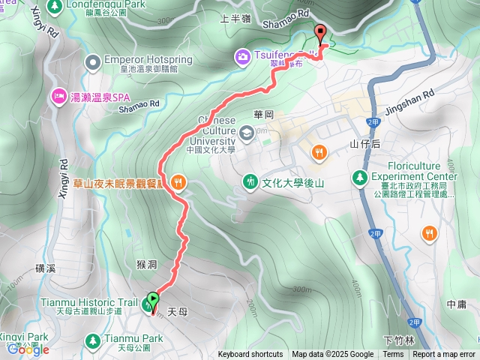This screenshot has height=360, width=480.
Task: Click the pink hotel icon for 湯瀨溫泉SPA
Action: (58, 96)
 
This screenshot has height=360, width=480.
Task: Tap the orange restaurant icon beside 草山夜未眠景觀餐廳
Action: (178, 181)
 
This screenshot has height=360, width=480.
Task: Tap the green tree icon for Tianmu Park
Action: (93, 340)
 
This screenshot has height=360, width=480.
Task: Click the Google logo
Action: (28, 349)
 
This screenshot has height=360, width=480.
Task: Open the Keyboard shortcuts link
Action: (250, 355)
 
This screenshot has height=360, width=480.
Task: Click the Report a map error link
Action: (443, 355)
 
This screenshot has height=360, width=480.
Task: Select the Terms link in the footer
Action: (393, 355)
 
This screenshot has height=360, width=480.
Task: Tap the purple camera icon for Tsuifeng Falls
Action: (242, 55)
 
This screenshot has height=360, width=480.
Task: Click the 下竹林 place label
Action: (398, 340)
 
